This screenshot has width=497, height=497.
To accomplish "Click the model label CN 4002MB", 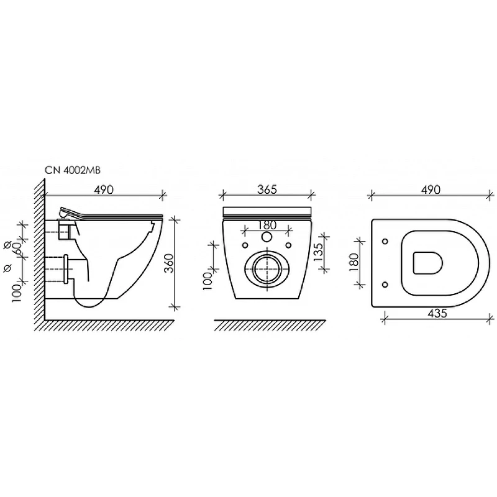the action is pyautogui.click(x=73, y=170).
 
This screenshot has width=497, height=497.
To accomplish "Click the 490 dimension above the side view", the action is pyautogui.click(x=104, y=190).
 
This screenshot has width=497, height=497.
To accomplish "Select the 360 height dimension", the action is pyautogui.click(x=170, y=263).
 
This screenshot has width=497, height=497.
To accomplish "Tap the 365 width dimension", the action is pyautogui.click(x=267, y=189).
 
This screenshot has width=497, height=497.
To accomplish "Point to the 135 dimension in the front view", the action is pyautogui.click(x=318, y=252).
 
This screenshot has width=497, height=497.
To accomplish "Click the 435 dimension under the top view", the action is pyautogui.click(x=437, y=314).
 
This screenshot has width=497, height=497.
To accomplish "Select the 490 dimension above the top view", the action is pyautogui.click(x=431, y=189).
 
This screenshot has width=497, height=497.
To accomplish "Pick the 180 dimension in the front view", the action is pyautogui.click(x=267, y=226).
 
